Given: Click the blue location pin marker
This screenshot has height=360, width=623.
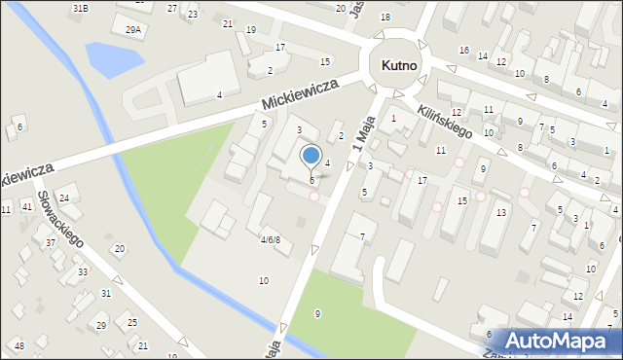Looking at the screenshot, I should (311, 157).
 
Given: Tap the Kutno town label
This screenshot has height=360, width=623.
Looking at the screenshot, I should (398, 66).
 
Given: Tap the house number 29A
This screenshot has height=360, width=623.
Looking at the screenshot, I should (132, 30).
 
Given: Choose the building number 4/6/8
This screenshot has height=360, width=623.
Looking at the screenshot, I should (270, 239).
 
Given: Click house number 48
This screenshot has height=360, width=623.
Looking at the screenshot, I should (18, 345).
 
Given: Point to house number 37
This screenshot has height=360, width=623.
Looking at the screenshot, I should (50, 242).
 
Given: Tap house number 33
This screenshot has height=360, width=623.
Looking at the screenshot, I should (83, 271).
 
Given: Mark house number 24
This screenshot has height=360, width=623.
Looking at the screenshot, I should (63, 198).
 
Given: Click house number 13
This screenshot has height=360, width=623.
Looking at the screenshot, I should (500, 212).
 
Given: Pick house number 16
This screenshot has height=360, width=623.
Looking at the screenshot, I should (464, 50).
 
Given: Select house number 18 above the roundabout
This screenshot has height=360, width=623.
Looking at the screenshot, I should (385, 18).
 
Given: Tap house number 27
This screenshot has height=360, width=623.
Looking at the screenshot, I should (172, 8).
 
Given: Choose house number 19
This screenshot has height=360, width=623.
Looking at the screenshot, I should (251, 30).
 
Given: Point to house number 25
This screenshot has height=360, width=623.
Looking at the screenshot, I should (132, 322).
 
